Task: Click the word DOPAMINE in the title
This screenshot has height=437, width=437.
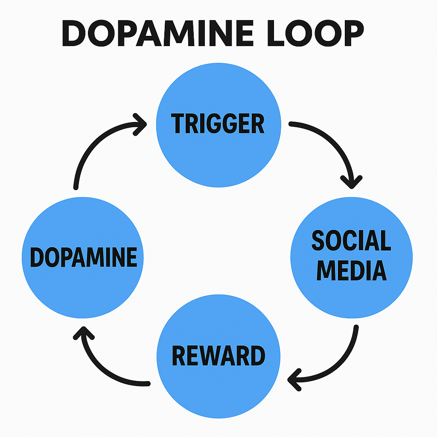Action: (162, 33)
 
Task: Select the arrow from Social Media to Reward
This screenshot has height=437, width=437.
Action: (341, 363)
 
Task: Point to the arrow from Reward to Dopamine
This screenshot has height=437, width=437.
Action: (102, 367)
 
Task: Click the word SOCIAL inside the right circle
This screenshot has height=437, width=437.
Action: (351, 241)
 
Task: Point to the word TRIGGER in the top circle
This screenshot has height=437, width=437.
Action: (218, 124)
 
